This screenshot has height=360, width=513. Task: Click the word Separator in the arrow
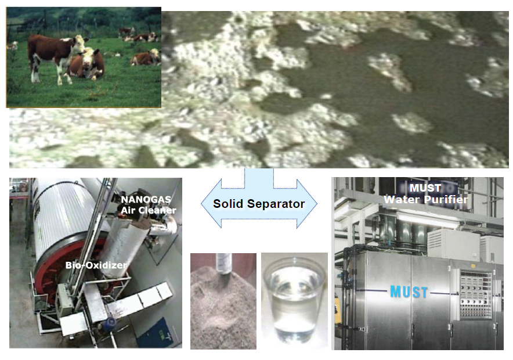tap(276, 204)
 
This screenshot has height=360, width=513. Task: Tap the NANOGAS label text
tap(146, 200)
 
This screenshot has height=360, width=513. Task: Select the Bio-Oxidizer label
tap(96, 265)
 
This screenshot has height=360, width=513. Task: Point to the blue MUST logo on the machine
tap(409, 291)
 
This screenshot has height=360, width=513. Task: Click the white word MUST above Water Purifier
tap(425, 188)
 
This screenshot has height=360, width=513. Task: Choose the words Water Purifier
tap(425, 199)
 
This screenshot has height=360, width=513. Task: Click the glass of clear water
tap(294, 300)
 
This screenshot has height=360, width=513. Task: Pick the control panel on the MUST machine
tap(476, 294)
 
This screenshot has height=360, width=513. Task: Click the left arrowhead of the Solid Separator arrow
tap(212, 204)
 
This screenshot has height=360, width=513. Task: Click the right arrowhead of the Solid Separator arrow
tap(306, 204)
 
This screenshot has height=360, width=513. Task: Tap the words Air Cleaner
tap(149, 210)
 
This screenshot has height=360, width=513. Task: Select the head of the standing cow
tap(80, 42)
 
